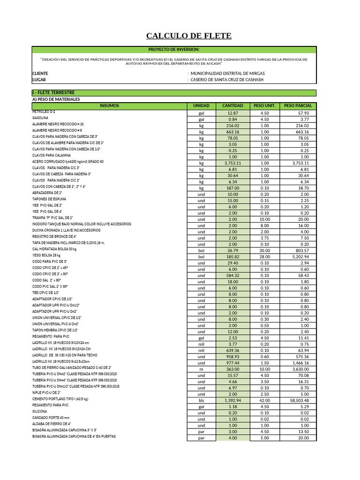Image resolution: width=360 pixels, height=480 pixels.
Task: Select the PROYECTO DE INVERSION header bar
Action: tap(174, 49)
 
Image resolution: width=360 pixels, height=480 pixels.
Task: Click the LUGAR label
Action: tap(39, 80)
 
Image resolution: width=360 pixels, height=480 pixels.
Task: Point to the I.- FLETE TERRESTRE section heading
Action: tap(53, 93)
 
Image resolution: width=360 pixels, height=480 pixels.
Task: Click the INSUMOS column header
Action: tap(109, 105)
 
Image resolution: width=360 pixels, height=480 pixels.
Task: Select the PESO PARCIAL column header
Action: tap(298, 105)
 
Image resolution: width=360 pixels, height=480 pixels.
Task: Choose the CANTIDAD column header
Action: tap(232, 105)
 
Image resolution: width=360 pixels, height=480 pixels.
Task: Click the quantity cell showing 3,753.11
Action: tap(232, 163)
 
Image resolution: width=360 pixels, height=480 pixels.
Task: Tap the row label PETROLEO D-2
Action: tap(44, 112)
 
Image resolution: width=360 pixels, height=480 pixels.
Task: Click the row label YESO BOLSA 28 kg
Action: tap(46, 255)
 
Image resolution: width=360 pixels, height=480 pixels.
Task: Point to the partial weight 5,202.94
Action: tap(298, 257)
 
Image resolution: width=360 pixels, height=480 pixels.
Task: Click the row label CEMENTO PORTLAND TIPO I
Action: tap(60, 399)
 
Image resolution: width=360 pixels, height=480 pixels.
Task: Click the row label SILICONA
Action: tap(40, 411)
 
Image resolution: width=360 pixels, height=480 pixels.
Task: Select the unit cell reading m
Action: tap(201, 369)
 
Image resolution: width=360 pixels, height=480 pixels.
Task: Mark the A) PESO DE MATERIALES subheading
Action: tap(56, 99)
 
